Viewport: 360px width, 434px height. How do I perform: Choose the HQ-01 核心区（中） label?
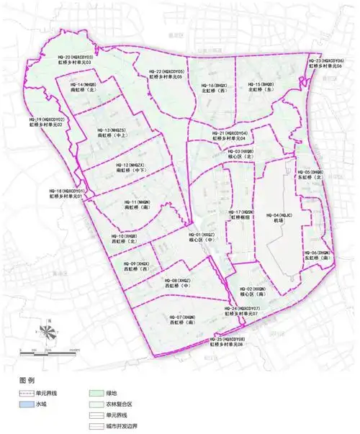click(x=202, y=238)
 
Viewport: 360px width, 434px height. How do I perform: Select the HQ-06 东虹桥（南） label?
click(x=316, y=256)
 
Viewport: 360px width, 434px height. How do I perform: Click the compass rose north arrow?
click(x=47, y=332)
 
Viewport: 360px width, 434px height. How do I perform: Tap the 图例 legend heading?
click(x=27, y=379)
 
